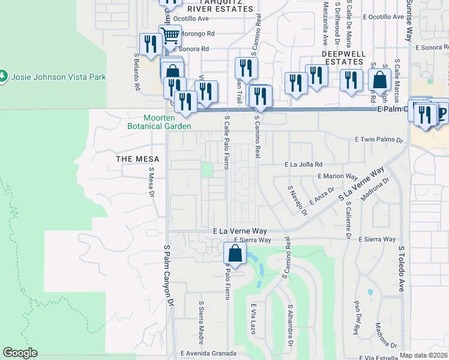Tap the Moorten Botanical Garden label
click(159, 122)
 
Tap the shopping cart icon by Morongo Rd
click(170, 35)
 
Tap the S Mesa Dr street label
click(151, 182)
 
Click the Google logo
click(20, 352)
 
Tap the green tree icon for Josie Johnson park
click(5, 76)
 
